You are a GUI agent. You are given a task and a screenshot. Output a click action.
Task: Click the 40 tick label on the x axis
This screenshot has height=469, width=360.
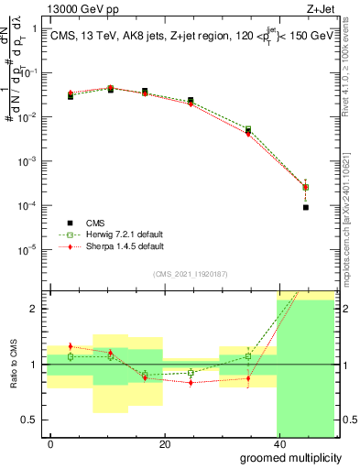point(278,443)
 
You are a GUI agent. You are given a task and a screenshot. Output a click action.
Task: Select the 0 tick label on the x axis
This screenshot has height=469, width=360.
point(50,443)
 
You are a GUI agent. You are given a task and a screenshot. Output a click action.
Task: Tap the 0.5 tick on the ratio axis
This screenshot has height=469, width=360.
point(29,420)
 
